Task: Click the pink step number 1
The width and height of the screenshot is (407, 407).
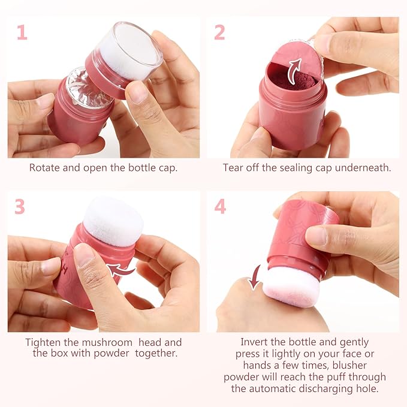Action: coord(22,32)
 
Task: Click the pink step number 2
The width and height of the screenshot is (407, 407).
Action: coord(219,32)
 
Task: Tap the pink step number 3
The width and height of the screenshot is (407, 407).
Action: coord(20,206)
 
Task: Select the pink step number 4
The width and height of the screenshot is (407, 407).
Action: coord(220,206)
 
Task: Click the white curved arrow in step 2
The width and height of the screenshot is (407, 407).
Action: coord(295,71)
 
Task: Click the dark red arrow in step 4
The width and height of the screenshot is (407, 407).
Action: coord(255,276)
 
